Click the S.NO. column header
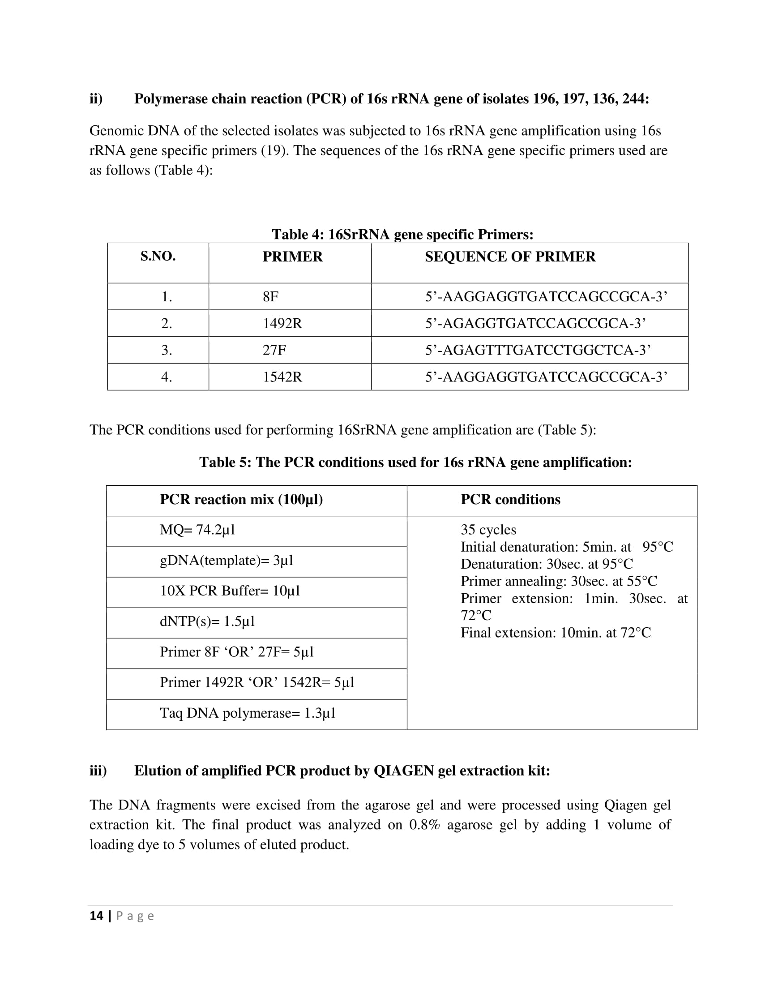click(x=158, y=257)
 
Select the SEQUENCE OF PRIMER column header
click(x=510, y=257)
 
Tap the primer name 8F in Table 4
click(x=270, y=297)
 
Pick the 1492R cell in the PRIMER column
click(x=282, y=323)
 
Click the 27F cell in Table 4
click(x=274, y=350)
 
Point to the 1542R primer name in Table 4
click(x=282, y=377)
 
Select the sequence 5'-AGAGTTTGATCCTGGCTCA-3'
click(x=538, y=350)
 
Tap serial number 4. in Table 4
click(x=167, y=377)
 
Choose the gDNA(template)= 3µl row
click(x=227, y=561)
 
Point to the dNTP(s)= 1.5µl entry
click(x=207, y=621)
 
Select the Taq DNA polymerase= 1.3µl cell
click(x=248, y=713)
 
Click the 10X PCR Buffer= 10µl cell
click(x=230, y=591)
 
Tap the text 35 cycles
click(x=488, y=530)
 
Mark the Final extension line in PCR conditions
click(x=556, y=633)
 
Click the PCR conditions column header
click(x=510, y=499)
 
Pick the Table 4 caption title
click(x=402, y=235)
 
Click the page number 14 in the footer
click(x=97, y=916)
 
